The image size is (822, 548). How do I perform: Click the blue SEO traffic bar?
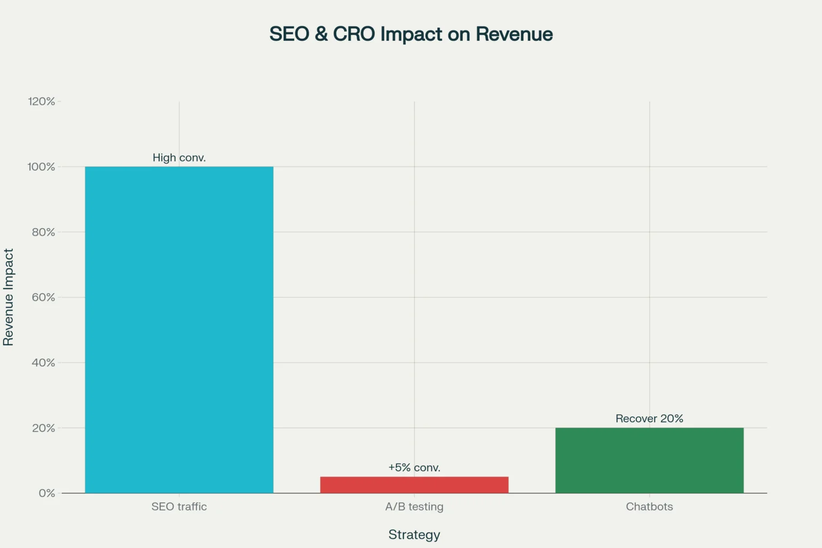click(x=179, y=330)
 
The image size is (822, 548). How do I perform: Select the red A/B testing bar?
click(x=414, y=485)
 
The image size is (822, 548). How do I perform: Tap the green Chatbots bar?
click(x=649, y=460)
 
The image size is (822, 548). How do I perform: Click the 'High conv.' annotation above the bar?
click(x=179, y=158)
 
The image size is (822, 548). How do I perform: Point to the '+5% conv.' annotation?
click(x=414, y=468)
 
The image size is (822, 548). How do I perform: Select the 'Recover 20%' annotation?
click(x=649, y=418)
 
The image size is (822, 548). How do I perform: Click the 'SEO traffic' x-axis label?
click(x=179, y=507)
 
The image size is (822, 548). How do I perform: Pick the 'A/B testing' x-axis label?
click(x=414, y=507)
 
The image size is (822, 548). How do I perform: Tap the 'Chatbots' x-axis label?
click(x=649, y=507)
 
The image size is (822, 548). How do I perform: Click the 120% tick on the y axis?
click(x=41, y=102)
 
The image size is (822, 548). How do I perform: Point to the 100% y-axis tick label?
click(x=41, y=167)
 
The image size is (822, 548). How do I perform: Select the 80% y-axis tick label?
click(x=43, y=232)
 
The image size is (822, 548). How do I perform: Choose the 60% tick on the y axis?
click(x=43, y=298)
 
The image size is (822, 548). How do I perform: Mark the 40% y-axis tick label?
click(x=43, y=363)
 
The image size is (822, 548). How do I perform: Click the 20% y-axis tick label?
click(x=43, y=428)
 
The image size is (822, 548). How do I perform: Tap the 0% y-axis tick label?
click(x=47, y=493)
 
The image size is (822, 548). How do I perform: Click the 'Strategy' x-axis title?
click(x=414, y=535)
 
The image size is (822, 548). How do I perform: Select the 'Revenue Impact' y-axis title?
click(x=9, y=297)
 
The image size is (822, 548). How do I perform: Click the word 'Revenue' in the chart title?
click(x=514, y=34)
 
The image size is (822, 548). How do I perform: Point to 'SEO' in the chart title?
click(x=289, y=34)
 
